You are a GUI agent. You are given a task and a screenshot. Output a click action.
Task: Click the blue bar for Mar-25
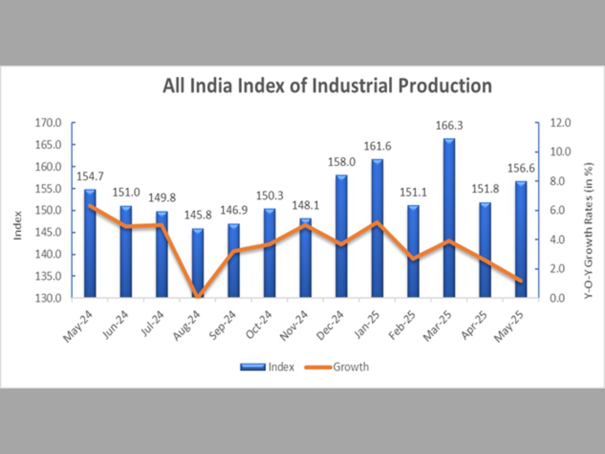449,217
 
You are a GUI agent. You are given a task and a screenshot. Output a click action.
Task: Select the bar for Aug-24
198,262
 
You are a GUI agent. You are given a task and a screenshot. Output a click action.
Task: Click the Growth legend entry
350,367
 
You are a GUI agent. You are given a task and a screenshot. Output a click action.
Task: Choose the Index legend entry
281,367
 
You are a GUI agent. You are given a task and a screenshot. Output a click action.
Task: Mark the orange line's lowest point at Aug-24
198,297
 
